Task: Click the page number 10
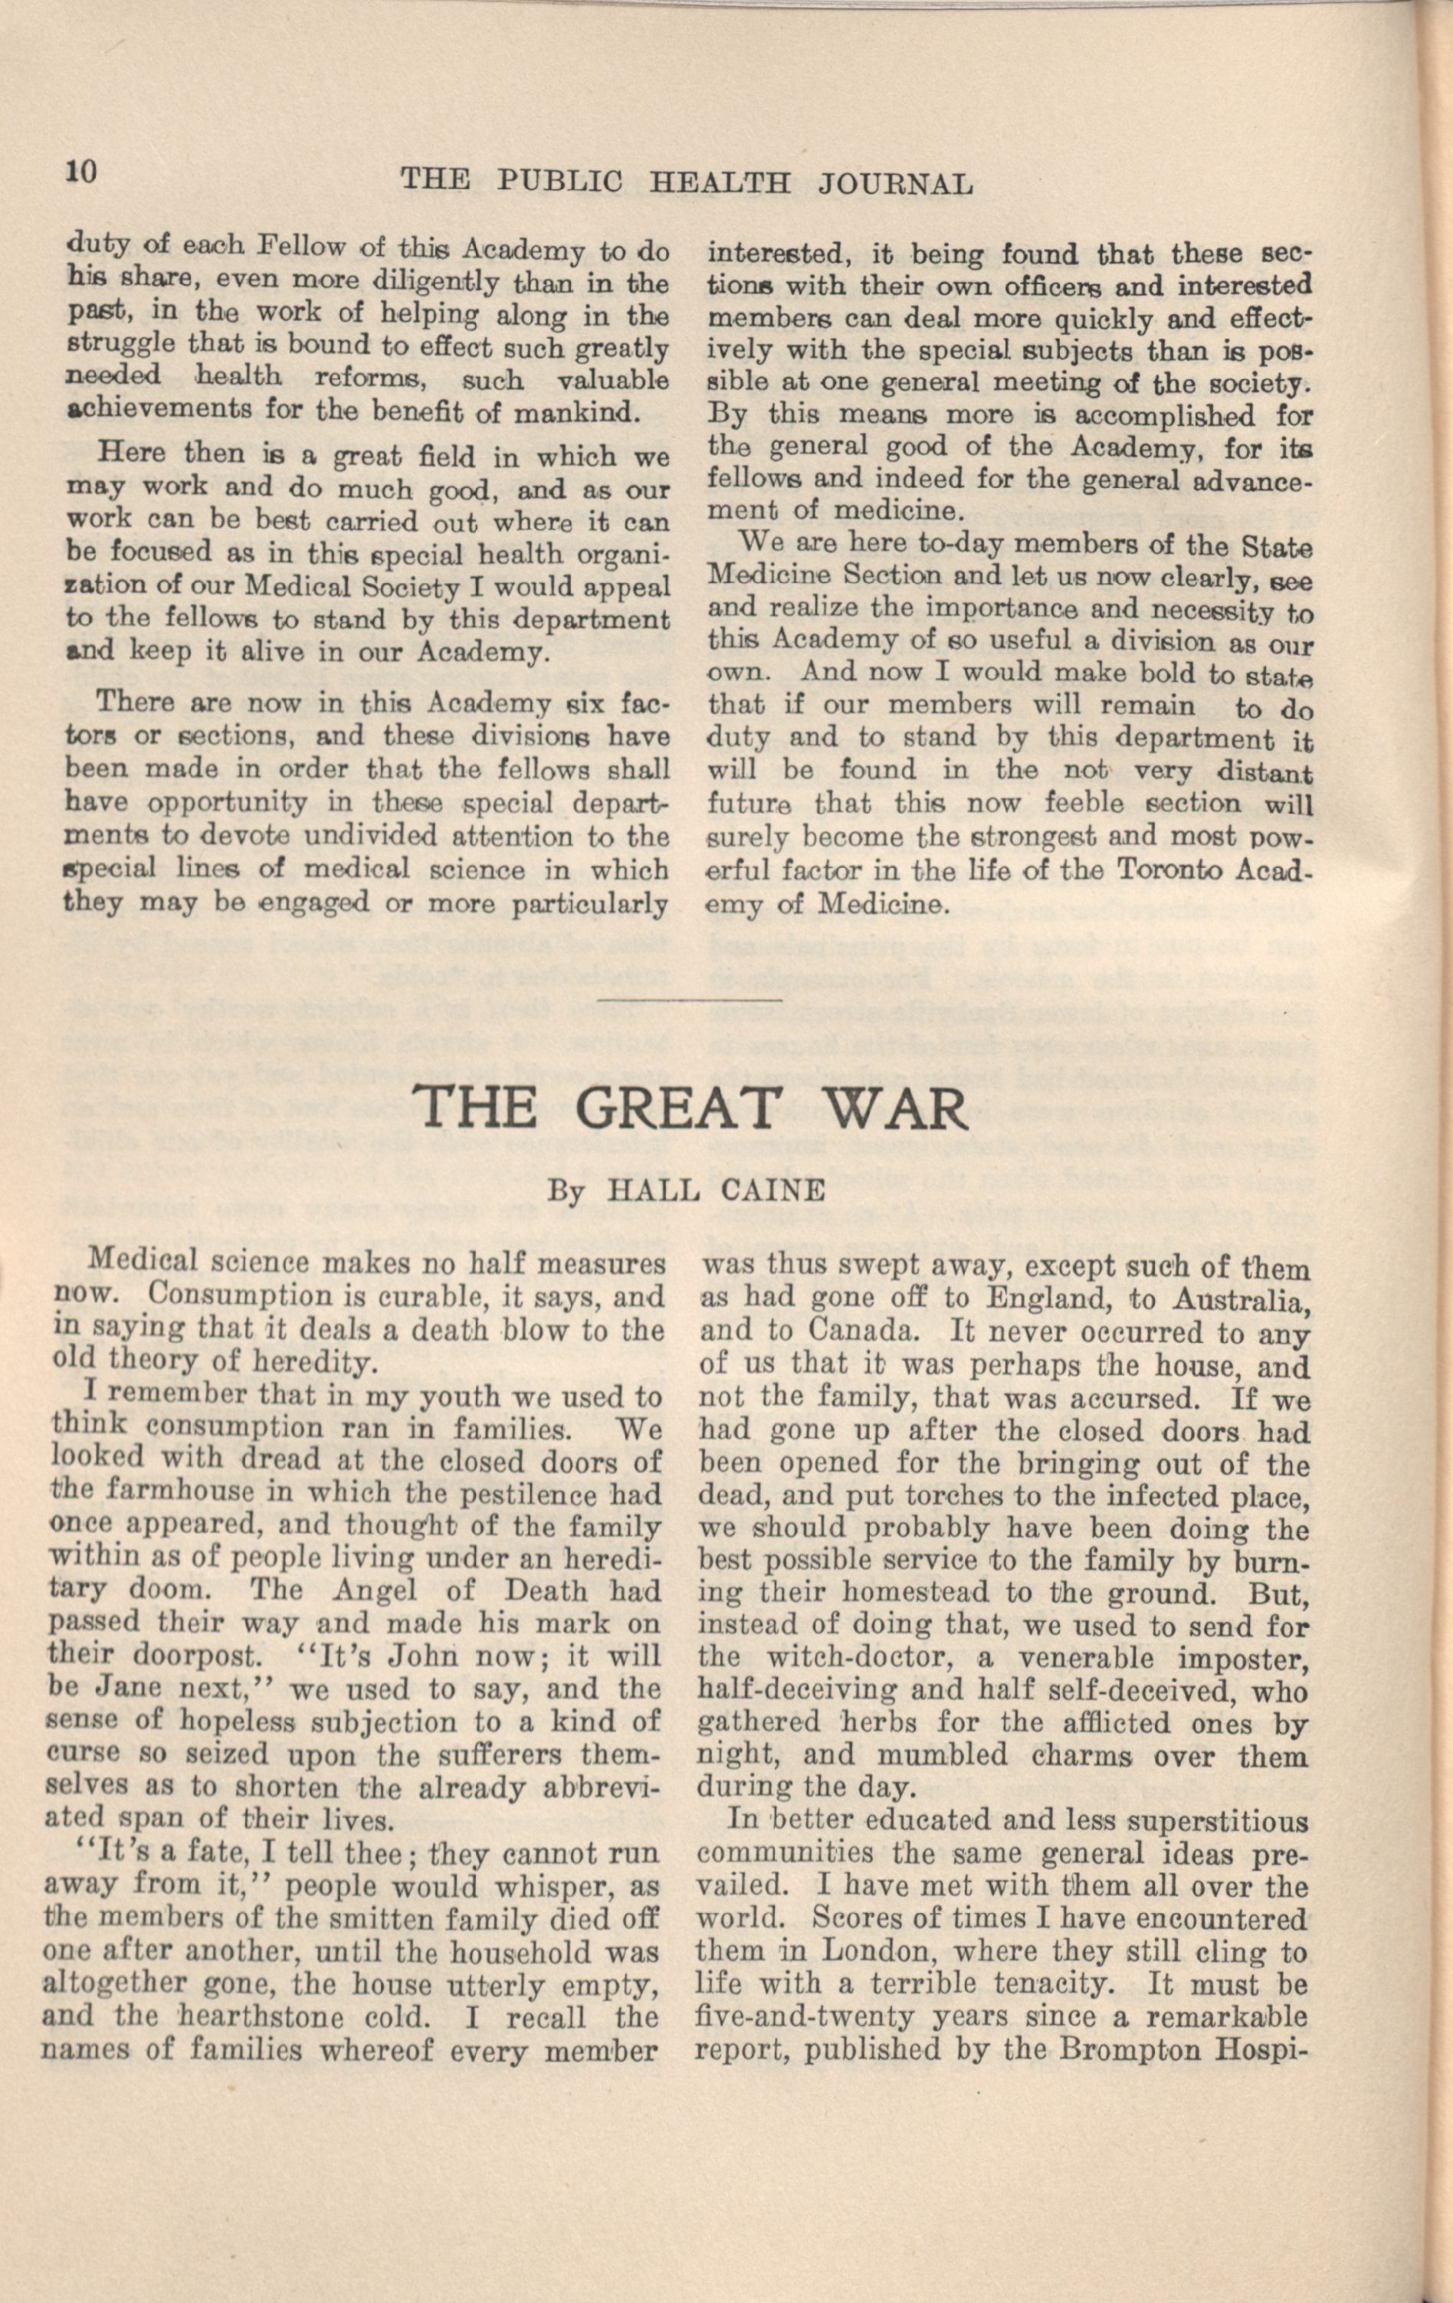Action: [x=80, y=171]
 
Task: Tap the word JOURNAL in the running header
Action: [x=897, y=182]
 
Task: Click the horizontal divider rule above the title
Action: [x=689, y=1000]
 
